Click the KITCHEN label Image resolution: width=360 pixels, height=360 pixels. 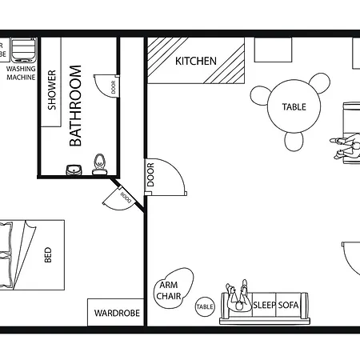(x=196, y=61)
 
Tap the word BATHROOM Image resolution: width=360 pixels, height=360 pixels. (x=76, y=107)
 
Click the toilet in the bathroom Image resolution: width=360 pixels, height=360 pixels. (x=99, y=163)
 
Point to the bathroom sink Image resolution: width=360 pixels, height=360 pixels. (x=74, y=169)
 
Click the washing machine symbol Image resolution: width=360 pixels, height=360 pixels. (x=25, y=51)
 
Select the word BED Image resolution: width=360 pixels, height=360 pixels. (x=48, y=257)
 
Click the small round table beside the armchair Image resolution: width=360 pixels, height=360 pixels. (x=205, y=306)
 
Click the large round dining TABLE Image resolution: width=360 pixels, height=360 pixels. (x=294, y=107)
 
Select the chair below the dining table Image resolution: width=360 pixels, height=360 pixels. (x=294, y=142)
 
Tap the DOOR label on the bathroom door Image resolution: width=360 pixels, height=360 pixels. (x=114, y=88)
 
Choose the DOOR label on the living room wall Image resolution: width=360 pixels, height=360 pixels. (x=150, y=175)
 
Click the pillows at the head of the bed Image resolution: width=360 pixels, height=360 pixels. (x=6, y=256)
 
